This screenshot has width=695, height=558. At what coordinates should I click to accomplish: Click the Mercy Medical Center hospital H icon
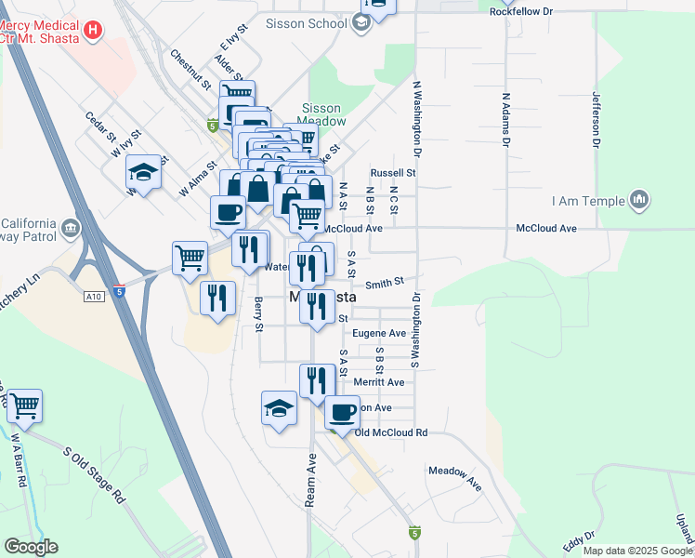pos(92,31)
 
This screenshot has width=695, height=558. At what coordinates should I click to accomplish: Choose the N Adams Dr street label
pos(506,119)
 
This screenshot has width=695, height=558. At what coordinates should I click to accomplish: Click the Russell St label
pos(392,173)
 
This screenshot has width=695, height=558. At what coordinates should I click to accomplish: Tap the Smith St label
pos(385,282)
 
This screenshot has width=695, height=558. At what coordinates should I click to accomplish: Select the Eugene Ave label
pos(385,333)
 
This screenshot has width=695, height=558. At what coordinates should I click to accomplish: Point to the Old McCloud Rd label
pos(390,433)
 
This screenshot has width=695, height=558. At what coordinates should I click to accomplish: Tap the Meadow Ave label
pos(455,477)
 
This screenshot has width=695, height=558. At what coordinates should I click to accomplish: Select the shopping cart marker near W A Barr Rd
pos(24,405)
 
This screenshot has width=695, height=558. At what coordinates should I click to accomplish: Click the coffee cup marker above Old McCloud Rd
pos(342,412)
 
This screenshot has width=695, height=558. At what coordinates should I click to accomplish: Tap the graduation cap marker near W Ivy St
pos(144,171)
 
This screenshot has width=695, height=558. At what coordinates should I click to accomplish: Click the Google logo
pos(31,547)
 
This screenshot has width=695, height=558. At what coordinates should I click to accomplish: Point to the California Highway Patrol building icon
pos(71,229)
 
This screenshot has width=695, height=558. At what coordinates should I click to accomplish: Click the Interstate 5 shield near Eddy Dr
pos(414,533)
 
